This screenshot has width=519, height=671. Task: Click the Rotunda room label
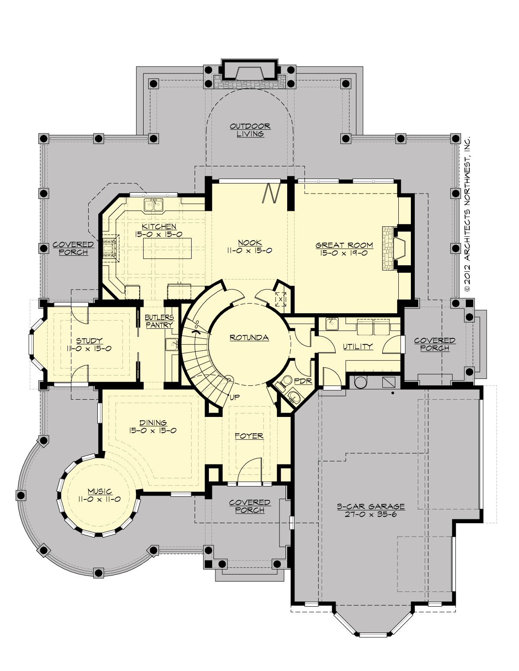249,337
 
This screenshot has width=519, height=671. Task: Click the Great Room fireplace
396,248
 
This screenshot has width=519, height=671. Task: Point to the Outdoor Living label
250,130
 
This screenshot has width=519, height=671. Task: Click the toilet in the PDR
285,382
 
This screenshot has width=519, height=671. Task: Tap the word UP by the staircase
235,397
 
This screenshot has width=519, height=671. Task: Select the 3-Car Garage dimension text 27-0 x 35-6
371,514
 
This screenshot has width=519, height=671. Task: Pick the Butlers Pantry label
159,321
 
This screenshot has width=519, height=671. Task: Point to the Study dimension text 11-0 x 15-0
89,348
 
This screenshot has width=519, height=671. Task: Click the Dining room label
153,423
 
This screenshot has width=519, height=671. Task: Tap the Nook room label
250,242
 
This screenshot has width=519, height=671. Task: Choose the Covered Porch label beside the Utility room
435,344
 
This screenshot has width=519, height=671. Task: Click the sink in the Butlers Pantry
172,344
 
